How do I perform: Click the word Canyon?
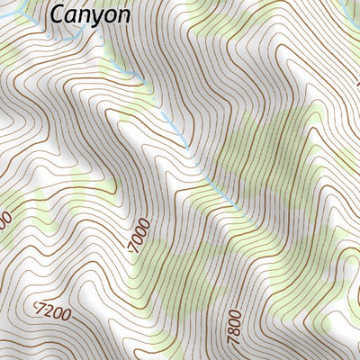(90, 14)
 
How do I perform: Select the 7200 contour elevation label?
(52, 312)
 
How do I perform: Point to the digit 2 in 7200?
(48, 311)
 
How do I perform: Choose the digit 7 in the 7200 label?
(39, 309)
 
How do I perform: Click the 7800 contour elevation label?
(235, 320)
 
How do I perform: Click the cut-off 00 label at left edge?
(4, 219)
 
